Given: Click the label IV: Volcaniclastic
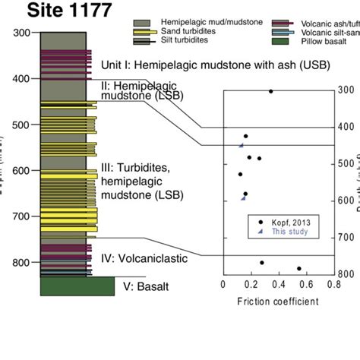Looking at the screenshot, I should click(144, 258).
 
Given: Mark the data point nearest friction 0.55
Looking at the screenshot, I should click(299, 268).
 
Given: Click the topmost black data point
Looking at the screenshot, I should click(270, 91).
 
